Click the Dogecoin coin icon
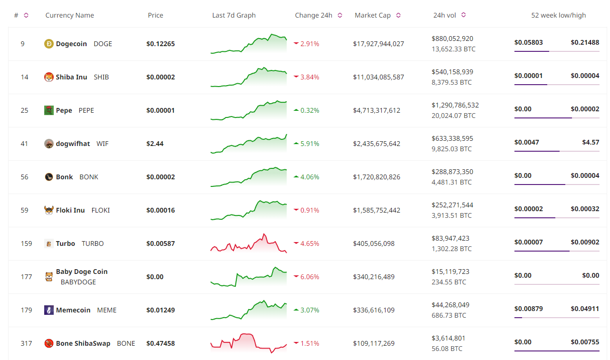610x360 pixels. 49,44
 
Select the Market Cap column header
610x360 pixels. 372,15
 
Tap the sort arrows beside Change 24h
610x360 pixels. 340,15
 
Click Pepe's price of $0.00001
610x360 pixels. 161,110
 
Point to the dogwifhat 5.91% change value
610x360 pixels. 310,144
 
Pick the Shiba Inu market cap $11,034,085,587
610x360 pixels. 378,77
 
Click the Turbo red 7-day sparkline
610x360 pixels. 249,243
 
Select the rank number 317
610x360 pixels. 27,343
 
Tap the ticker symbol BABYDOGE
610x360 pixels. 78,282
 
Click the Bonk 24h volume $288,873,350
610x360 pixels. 452,172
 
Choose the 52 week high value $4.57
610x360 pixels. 591,142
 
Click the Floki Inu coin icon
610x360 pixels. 49,210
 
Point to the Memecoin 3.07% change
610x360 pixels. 310,310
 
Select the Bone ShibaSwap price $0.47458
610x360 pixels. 161,343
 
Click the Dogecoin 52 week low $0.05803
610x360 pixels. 528,42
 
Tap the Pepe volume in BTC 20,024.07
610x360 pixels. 453,116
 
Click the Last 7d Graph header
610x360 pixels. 234,15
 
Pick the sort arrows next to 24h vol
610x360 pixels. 464,15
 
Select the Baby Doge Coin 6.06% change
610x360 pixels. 310,277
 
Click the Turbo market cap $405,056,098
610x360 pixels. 374,243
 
